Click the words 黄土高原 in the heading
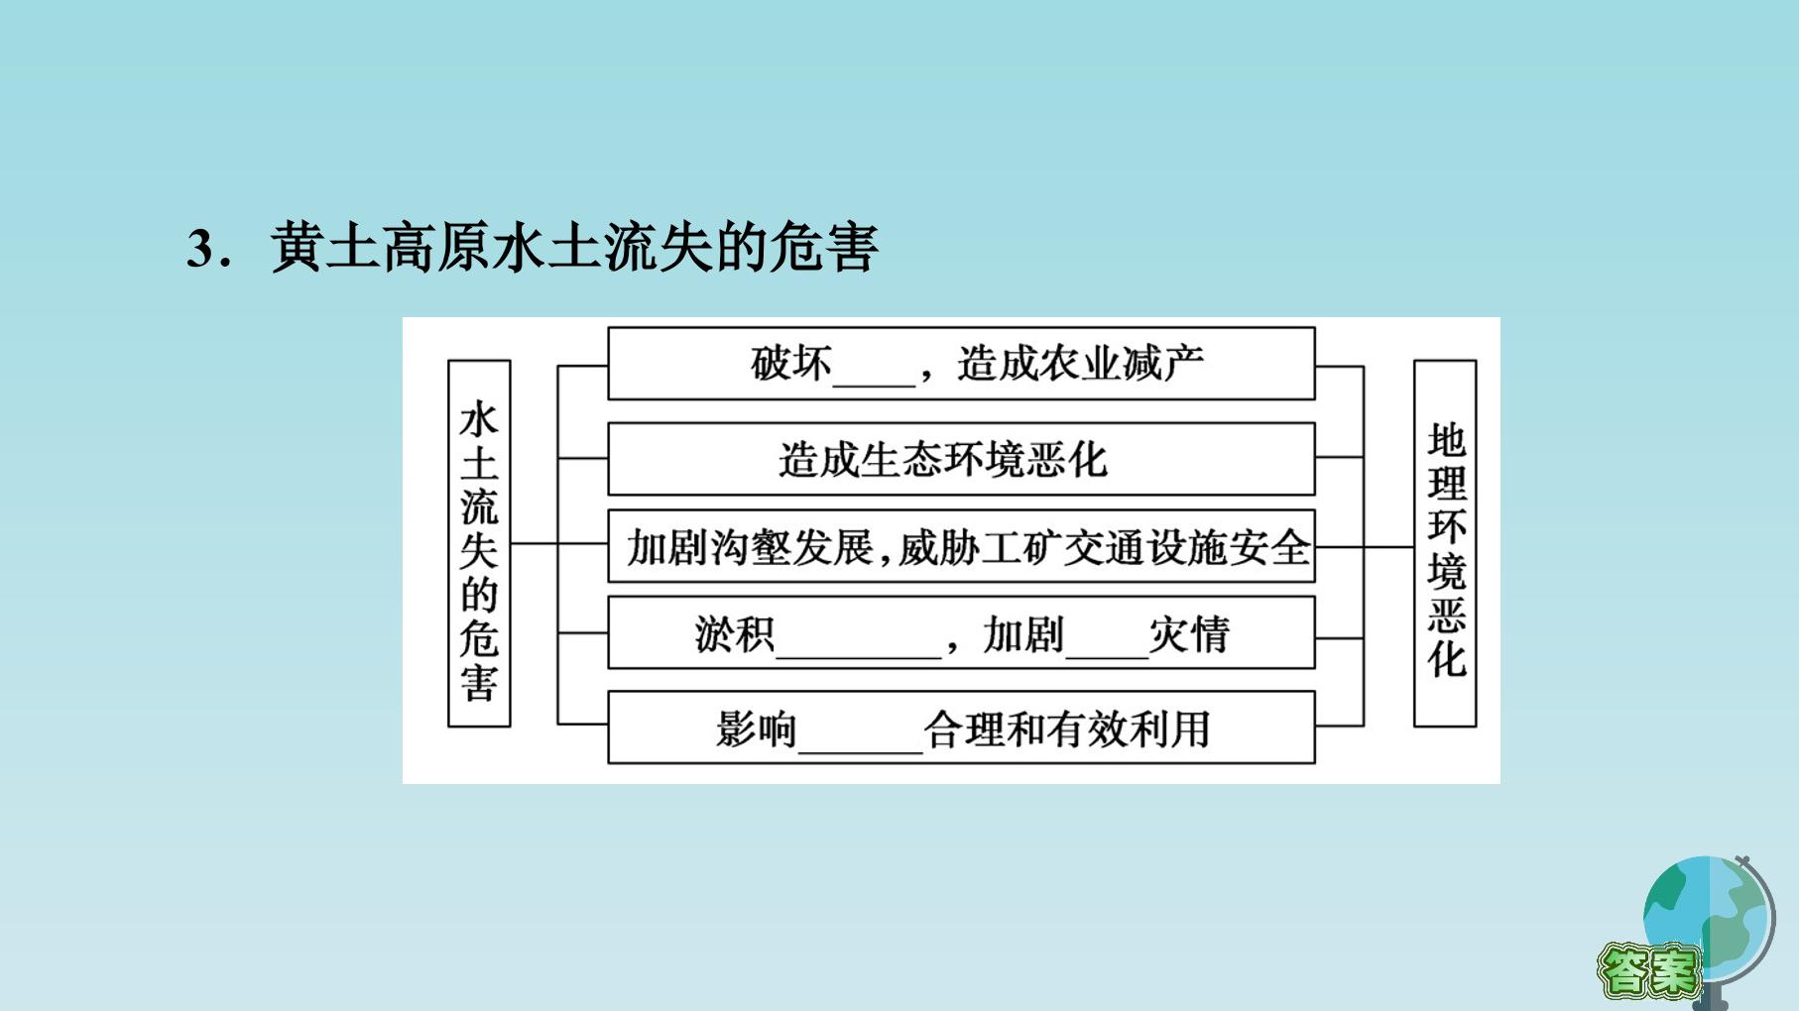381,247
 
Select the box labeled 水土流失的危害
479,543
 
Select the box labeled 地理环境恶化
1445,543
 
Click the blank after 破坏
874,382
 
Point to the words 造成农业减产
1080,364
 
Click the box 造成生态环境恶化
961,459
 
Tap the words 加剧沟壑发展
750,547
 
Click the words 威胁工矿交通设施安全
1105,547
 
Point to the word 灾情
1189,634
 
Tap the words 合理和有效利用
1067,730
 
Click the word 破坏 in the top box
791,364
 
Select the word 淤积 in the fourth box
735,634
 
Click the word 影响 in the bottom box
757,730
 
